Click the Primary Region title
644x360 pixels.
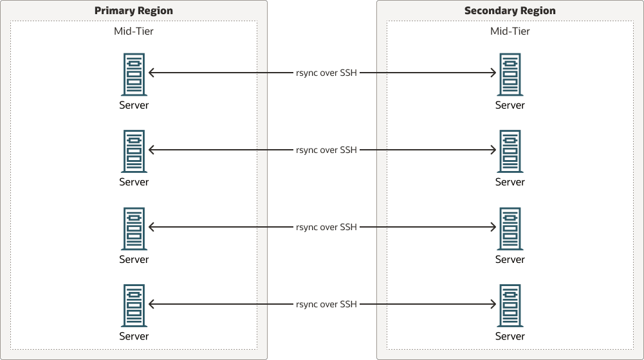(x=134, y=11)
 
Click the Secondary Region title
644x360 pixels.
(x=510, y=11)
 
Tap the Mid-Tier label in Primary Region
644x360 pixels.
(x=134, y=31)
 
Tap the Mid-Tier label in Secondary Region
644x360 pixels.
(x=510, y=31)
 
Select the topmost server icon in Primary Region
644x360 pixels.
(x=134, y=74)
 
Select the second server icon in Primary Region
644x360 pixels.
(x=134, y=151)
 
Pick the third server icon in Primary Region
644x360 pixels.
(x=134, y=228)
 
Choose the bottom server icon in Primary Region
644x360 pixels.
(x=134, y=305)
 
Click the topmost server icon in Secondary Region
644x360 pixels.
(x=510, y=74)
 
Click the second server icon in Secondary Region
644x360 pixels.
(x=510, y=151)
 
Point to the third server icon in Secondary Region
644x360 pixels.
(x=510, y=228)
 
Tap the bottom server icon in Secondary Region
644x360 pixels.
(x=510, y=305)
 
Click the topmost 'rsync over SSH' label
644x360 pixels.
(x=326, y=73)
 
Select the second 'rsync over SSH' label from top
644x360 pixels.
(x=326, y=150)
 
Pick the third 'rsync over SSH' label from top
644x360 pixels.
(x=326, y=228)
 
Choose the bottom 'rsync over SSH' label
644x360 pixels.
(x=326, y=305)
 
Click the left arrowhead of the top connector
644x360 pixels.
(x=151, y=73)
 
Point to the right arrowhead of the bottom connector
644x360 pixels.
(x=493, y=305)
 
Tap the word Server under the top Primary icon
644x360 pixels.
(x=134, y=105)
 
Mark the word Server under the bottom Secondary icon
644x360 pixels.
(x=510, y=337)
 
